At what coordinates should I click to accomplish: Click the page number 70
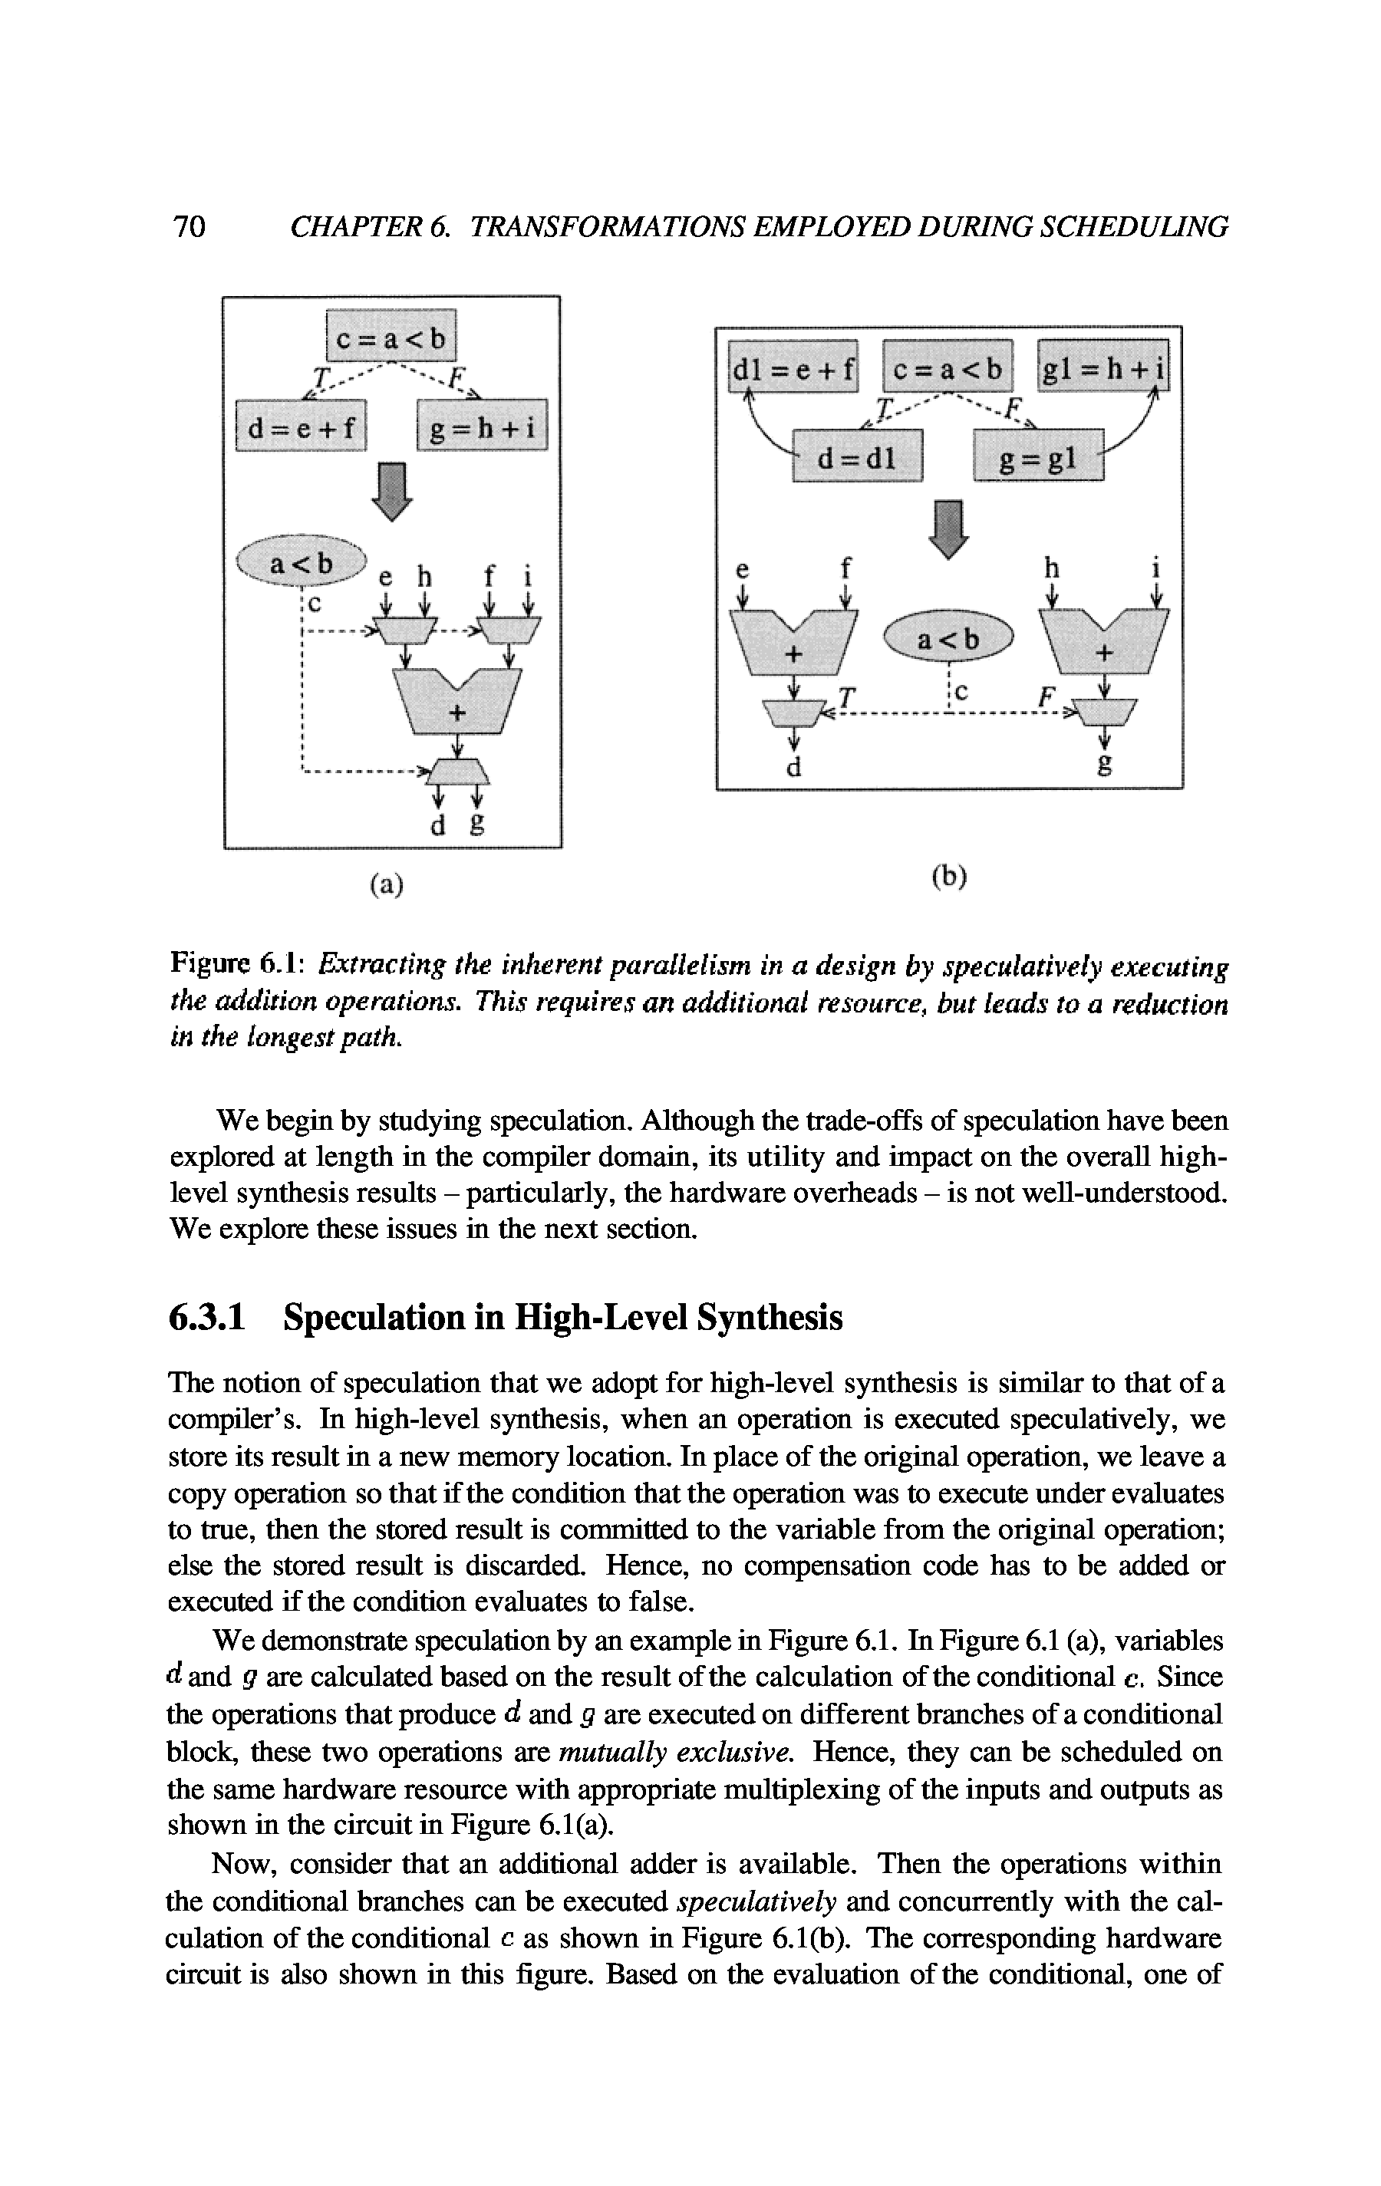(189, 227)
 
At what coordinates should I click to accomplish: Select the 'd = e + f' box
(301, 425)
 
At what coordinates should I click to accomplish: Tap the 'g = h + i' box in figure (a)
(482, 425)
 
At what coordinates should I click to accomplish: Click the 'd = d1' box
(857, 459)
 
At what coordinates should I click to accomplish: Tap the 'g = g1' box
(1037, 459)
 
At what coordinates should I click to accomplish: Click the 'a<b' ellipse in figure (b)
(948, 640)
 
